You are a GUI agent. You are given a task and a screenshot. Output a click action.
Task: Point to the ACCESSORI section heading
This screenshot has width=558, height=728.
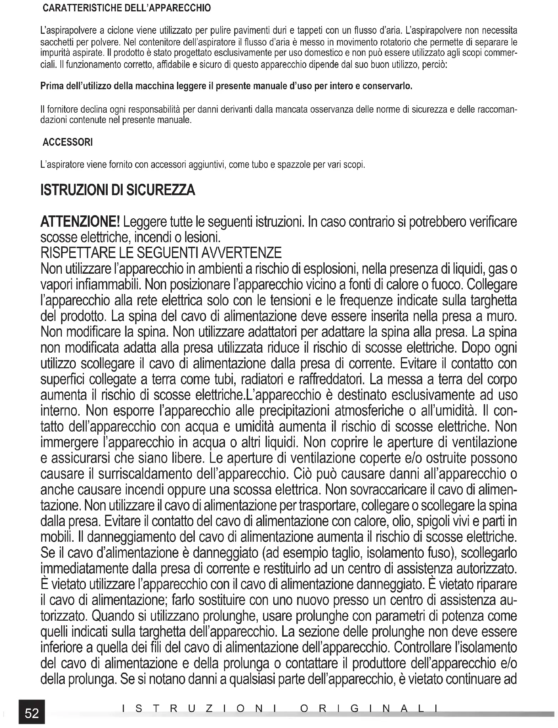click(x=68, y=142)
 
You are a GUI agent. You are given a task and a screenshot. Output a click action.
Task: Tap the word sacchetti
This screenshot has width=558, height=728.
click(x=56, y=42)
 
